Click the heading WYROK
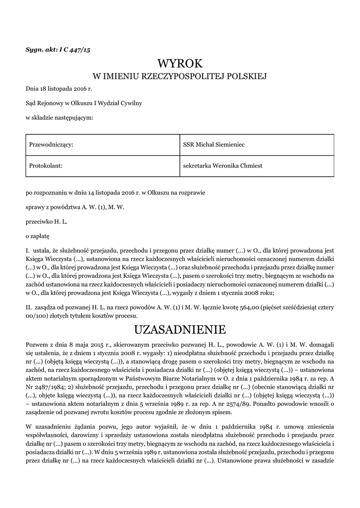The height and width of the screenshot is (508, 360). [180, 63]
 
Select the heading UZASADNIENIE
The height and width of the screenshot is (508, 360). [180, 329]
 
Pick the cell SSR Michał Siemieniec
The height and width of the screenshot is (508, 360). [214, 144]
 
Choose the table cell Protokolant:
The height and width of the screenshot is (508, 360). [46, 166]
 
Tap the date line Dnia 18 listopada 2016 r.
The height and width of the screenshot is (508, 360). [59, 89]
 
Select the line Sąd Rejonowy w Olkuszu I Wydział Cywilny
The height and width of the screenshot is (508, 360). [84, 103]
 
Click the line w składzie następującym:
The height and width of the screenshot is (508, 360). [59, 118]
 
